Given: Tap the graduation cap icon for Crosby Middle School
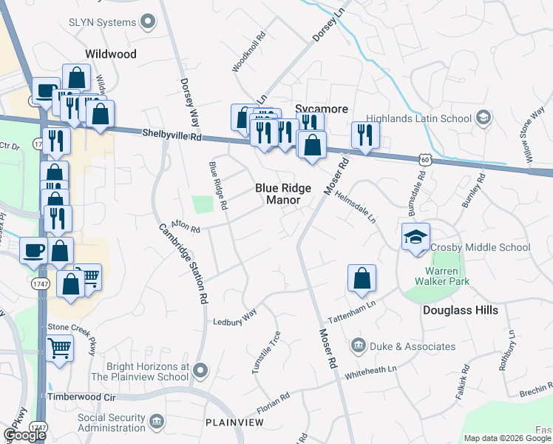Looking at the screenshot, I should (415, 238).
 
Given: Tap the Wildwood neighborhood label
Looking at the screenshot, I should (111, 54).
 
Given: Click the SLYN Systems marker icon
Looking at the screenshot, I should (149, 22).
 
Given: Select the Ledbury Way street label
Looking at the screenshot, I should (234, 317).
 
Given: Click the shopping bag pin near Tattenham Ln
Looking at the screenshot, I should (362, 279).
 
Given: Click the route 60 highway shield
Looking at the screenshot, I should (422, 159).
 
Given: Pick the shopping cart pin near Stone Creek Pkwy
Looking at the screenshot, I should (59, 347).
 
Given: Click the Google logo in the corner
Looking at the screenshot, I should (24, 435).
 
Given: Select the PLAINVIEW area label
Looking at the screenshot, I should (234, 422).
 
